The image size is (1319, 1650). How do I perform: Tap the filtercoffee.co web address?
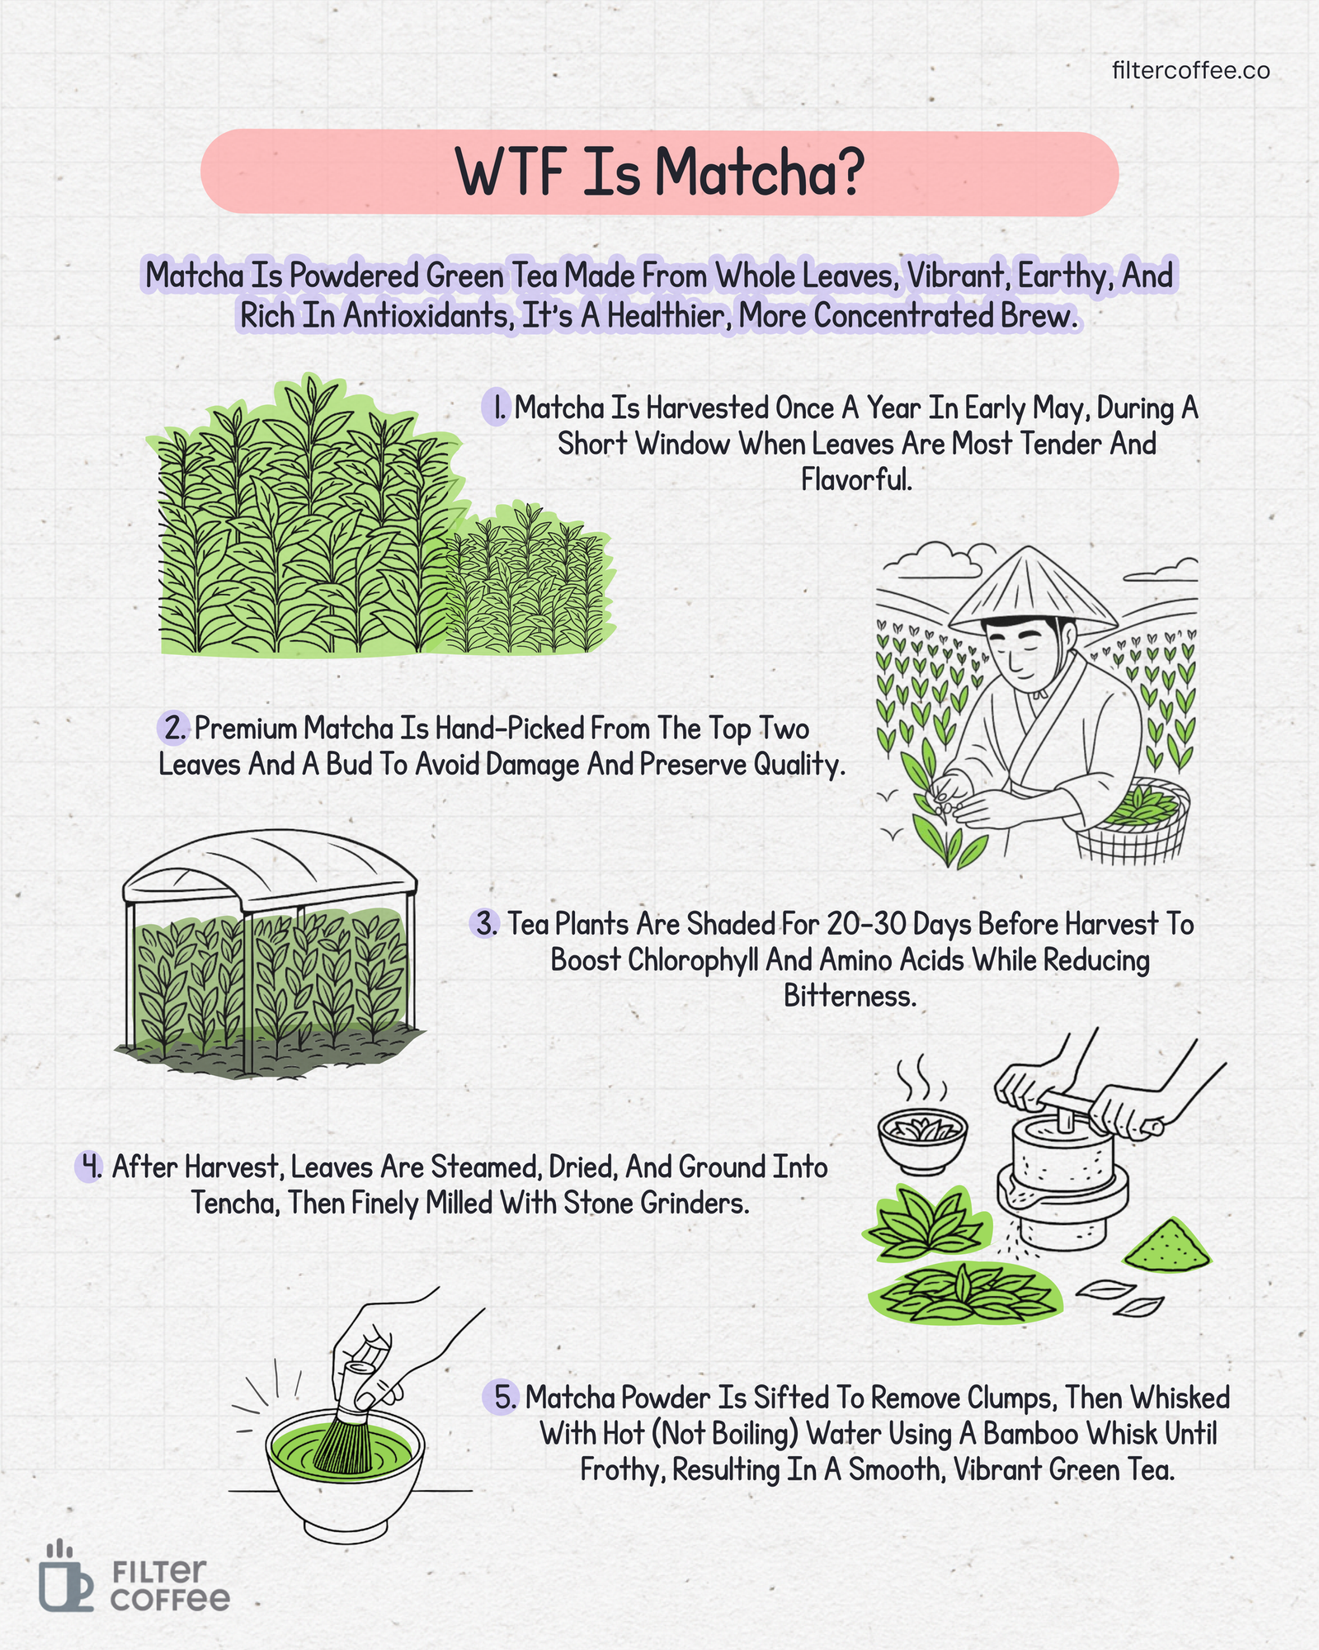[x=1190, y=71]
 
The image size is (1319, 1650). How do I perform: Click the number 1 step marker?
[x=496, y=408]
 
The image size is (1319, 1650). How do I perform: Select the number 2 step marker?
[x=174, y=728]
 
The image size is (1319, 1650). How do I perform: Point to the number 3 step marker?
[x=486, y=923]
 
